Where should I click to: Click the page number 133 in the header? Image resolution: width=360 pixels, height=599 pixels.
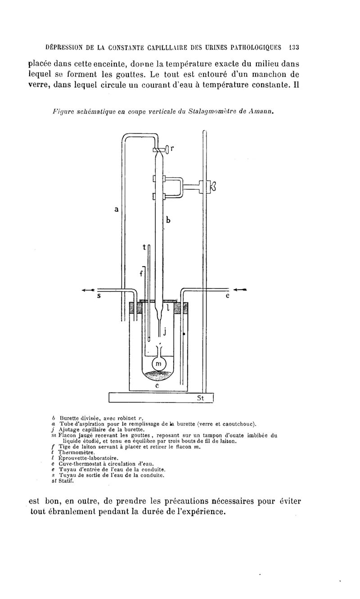click(293, 48)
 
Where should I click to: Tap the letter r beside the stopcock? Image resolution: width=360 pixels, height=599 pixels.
click(172, 148)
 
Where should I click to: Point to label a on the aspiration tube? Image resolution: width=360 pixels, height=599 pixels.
click(116, 209)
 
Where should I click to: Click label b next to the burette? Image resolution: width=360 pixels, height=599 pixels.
click(168, 220)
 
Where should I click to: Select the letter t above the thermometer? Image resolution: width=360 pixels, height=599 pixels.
click(144, 247)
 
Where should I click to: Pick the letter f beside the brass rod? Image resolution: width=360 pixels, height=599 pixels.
click(141, 273)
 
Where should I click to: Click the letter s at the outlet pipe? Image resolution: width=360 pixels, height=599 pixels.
click(99, 296)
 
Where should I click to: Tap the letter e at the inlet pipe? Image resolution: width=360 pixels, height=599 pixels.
click(228, 296)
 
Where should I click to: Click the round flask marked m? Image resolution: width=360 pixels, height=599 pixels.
click(159, 363)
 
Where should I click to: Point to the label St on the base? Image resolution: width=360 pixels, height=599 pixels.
click(201, 398)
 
